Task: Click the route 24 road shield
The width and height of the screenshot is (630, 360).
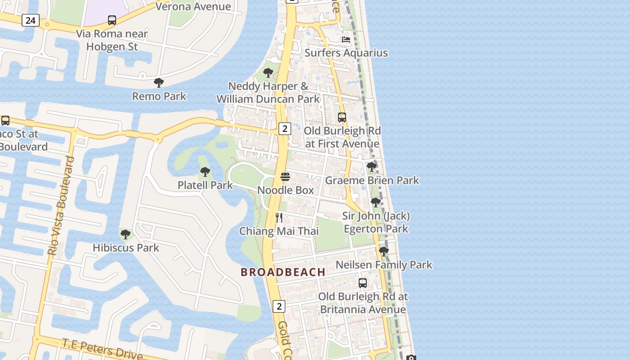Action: (x=30, y=20)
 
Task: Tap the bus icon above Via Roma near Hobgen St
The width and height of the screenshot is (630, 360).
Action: (x=112, y=20)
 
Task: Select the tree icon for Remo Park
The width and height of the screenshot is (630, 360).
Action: (x=159, y=83)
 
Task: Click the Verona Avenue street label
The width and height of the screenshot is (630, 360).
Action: (x=193, y=6)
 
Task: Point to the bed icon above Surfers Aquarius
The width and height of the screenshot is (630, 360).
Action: (x=346, y=40)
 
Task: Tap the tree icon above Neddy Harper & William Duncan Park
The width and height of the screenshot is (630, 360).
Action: (x=268, y=72)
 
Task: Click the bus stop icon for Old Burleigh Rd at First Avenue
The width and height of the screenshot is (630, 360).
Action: (x=342, y=117)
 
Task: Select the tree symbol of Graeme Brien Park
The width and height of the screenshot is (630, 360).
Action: (x=372, y=167)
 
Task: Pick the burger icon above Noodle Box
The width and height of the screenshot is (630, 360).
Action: (x=285, y=177)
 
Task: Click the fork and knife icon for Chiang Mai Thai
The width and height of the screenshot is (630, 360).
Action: (x=279, y=218)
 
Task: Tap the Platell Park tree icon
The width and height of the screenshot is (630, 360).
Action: (x=205, y=172)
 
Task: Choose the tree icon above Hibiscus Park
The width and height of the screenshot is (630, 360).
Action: (x=126, y=234)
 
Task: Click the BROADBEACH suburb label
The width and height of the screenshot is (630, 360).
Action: (x=283, y=272)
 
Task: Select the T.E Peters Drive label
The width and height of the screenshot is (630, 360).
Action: (x=103, y=349)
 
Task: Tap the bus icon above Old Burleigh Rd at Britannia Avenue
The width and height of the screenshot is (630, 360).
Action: (x=363, y=283)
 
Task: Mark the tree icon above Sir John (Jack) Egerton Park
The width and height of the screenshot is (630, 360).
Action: (x=376, y=202)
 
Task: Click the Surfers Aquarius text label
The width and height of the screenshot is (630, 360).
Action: (x=346, y=53)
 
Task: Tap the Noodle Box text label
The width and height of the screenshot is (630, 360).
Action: (x=286, y=190)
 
